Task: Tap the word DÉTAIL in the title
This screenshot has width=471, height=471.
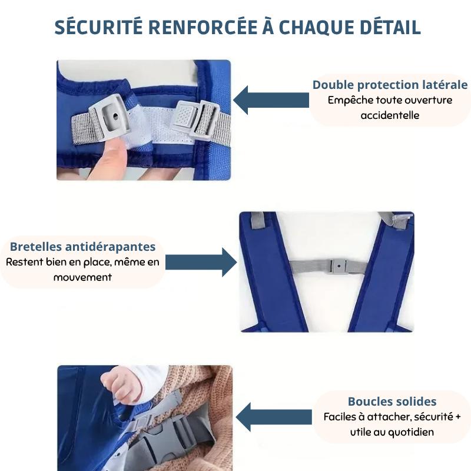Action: pos(390,27)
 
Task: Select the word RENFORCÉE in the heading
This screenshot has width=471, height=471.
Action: pos(203,27)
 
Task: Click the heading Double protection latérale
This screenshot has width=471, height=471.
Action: pos(390,85)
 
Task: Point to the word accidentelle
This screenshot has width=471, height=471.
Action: pos(390,115)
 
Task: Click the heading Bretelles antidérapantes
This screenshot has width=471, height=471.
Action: pos(82,247)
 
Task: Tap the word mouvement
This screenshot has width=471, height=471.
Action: pos(82,277)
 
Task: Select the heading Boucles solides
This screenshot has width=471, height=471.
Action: pos(392,402)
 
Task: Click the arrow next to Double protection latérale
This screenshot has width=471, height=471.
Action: pos(271,100)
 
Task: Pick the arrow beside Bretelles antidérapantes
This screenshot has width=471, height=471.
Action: pos(201,262)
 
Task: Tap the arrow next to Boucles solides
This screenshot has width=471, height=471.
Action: pos(274,417)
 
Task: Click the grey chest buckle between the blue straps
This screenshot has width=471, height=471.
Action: pos(339,267)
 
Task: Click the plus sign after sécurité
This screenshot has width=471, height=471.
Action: pos(458,417)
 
